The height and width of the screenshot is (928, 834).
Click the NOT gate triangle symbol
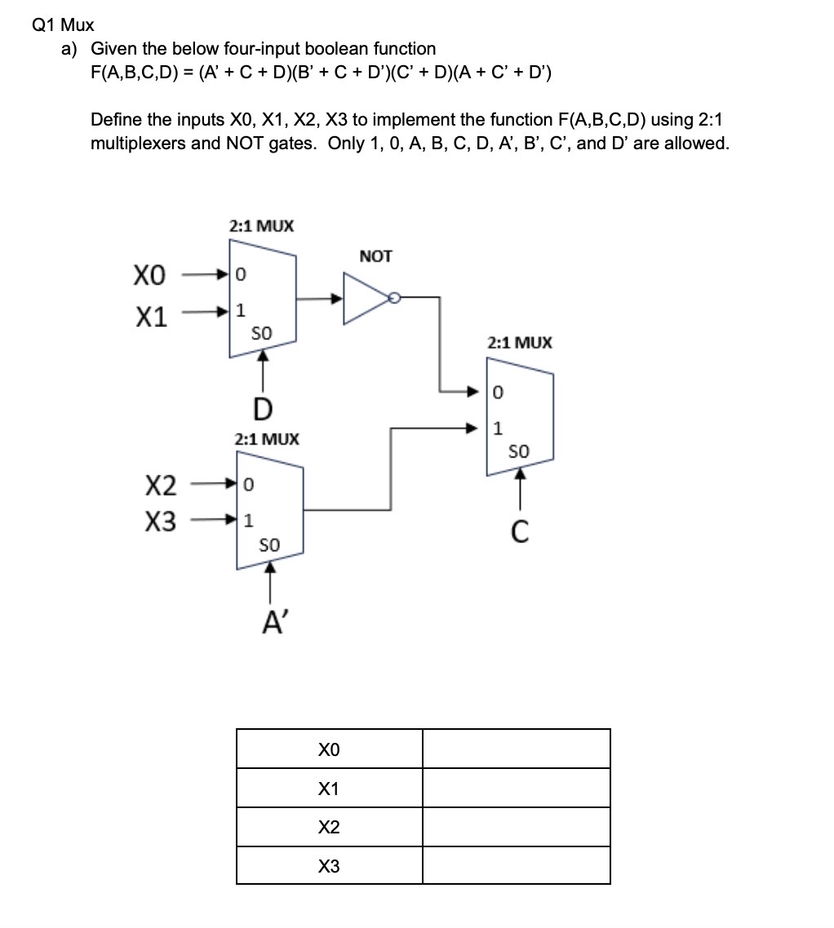click(367, 298)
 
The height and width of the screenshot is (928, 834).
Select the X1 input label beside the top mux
click(150, 316)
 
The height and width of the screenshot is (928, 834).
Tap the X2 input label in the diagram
click(160, 487)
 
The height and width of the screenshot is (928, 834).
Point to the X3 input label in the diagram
click(160, 522)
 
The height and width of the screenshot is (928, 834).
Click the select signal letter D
click(263, 406)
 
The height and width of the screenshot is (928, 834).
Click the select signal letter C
click(520, 532)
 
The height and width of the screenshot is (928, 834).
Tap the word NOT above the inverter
click(375, 257)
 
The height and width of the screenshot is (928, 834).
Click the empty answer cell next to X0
click(516, 749)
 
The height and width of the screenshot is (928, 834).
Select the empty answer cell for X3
click(516, 865)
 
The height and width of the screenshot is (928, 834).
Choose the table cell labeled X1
click(329, 789)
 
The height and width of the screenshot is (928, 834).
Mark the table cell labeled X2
click(329, 827)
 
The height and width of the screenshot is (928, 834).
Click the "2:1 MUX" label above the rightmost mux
click(519, 342)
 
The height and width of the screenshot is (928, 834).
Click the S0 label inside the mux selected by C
click(519, 451)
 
